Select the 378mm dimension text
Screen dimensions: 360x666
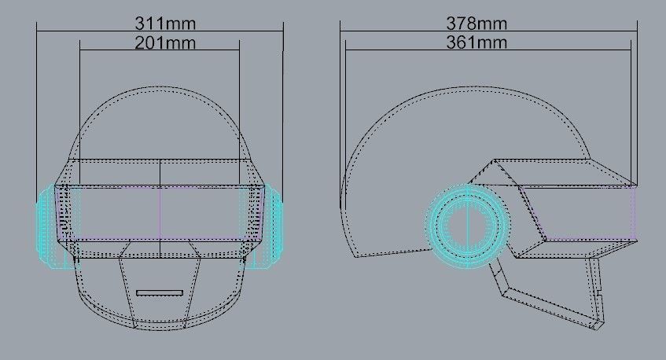click(x=477, y=21)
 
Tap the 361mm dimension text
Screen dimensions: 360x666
click(x=477, y=42)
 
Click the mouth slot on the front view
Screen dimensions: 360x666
click(x=160, y=292)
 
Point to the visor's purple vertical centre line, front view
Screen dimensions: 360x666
click(x=160, y=212)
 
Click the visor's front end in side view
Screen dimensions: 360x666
click(x=634, y=212)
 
